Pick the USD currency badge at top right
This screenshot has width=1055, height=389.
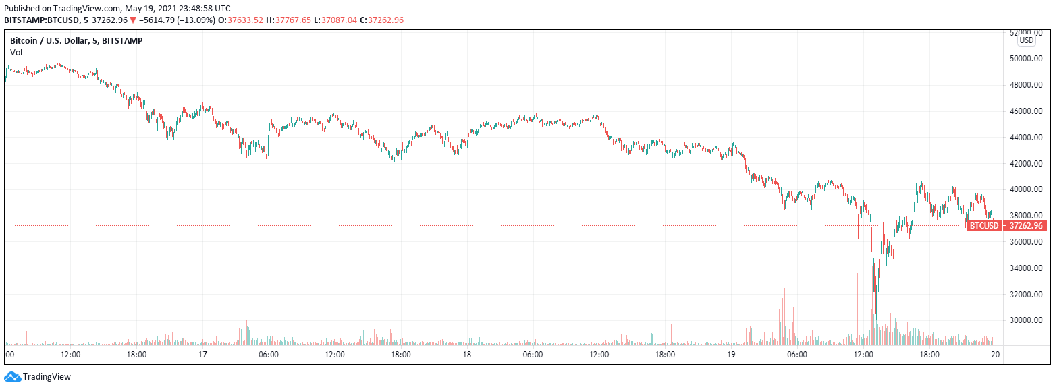(1026, 40)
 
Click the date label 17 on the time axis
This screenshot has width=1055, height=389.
(202, 355)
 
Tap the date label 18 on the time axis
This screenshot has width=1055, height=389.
(466, 355)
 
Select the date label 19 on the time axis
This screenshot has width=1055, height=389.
(731, 355)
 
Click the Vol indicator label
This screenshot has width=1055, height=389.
(16, 52)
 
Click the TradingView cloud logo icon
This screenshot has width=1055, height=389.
(12, 377)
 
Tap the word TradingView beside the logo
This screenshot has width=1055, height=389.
(47, 377)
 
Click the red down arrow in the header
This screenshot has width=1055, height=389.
(133, 20)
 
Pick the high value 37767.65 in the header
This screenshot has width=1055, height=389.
(288, 20)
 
